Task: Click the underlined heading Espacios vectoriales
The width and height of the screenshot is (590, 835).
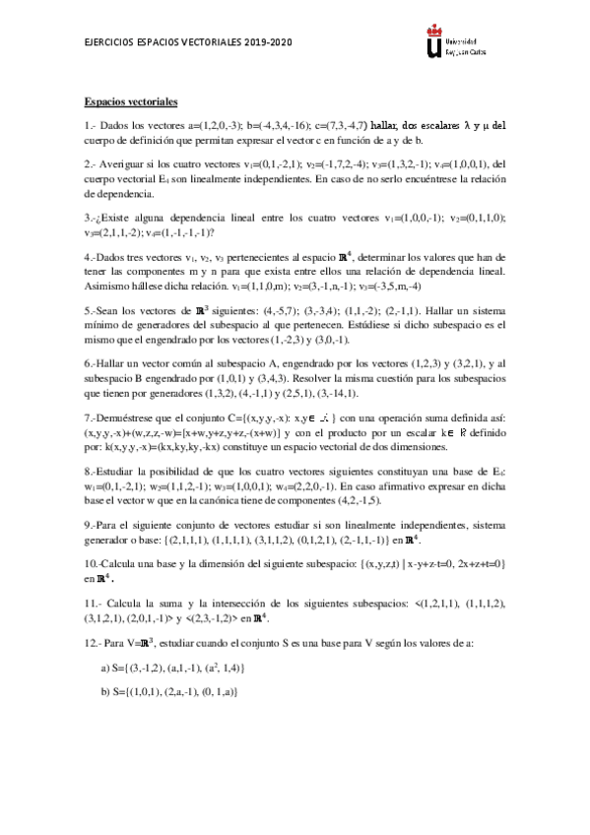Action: (x=130, y=102)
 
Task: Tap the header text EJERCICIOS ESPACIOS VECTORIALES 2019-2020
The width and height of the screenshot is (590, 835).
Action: (x=188, y=44)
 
